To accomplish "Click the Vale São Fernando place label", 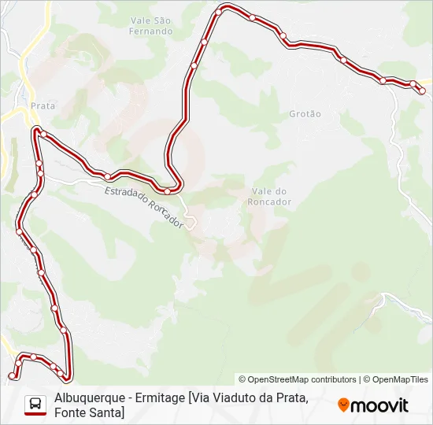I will pos(151,25).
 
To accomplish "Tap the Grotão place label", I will pos(305,114).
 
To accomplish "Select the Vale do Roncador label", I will pos(271,197).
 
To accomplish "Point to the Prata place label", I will pos(42,105).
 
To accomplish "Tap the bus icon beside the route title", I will pos(35,405).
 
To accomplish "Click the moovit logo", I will pos(373,405).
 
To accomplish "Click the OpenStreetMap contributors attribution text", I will pos(298,379).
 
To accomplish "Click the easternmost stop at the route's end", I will pos(422,90).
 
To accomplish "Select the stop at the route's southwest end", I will pos(11,375).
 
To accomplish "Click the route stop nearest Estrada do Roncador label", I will pos(168,191).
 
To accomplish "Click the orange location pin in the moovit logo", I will pos(343,405).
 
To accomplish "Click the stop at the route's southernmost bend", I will pos(69,376).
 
